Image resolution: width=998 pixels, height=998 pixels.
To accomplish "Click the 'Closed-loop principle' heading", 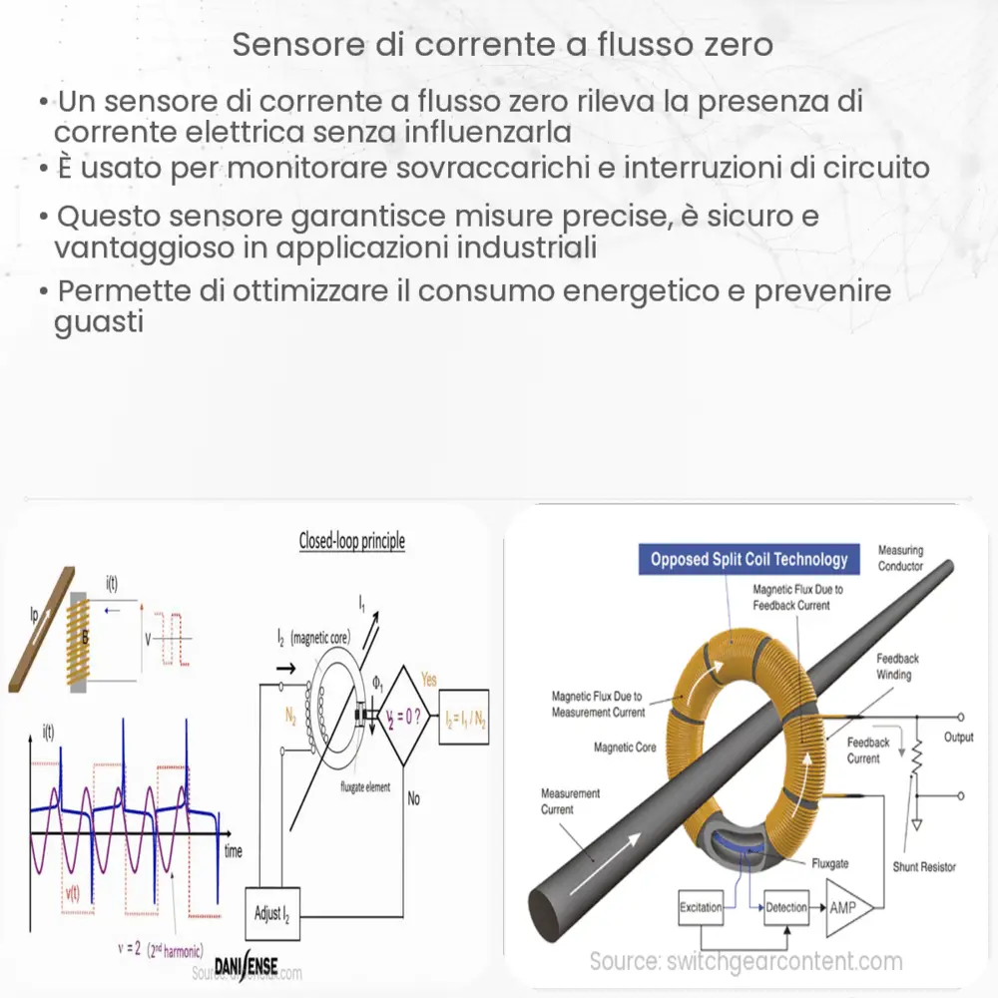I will pos(352,542).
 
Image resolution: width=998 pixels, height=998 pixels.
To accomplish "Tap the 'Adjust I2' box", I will pos(271,913).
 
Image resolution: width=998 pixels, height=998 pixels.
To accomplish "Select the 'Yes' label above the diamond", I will pos(429,679).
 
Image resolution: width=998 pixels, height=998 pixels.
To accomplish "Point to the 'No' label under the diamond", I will pos(412,798).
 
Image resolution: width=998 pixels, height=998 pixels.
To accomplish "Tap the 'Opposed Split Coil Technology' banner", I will pos(748,559).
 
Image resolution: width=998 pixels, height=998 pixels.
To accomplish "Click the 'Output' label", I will pos(959,737).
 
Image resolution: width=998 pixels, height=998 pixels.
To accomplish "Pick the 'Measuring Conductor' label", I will pos(900,558).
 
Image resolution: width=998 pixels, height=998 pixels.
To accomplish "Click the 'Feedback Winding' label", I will pos(897,667).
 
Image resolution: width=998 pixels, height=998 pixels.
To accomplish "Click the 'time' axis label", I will pos(234,851).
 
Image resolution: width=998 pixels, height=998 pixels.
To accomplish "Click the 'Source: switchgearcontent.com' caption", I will pos(746,962).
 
